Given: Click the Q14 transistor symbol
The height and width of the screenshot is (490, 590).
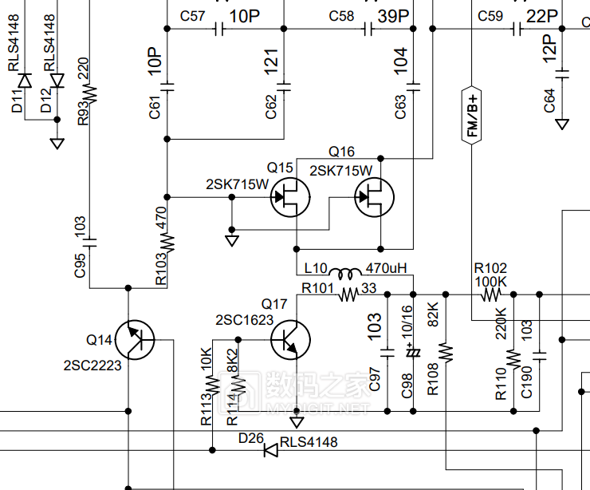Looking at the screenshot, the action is click(x=135, y=340).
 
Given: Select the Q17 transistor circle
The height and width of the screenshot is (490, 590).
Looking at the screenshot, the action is click(x=290, y=340).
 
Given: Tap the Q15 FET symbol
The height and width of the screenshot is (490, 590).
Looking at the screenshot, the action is click(x=290, y=197).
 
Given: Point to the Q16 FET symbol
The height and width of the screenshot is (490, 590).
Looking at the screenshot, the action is click(x=375, y=197).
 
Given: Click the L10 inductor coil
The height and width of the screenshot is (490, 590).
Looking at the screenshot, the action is click(x=345, y=274).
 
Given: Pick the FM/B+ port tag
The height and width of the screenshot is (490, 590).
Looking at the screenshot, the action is click(x=471, y=115).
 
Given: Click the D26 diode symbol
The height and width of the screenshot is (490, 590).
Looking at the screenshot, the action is click(x=271, y=450).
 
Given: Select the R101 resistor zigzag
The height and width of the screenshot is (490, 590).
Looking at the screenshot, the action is click(x=348, y=294).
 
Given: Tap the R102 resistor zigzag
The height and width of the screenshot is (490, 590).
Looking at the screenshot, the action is click(x=491, y=294).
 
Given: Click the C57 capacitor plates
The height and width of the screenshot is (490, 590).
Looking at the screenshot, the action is click(x=219, y=29).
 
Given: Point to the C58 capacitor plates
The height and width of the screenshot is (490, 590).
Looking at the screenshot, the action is click(x=368, y=29).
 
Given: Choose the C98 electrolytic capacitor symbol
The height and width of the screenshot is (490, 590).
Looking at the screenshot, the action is click(x=413, y=353).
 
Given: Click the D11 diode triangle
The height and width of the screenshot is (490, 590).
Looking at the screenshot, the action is click(x=25, y=81).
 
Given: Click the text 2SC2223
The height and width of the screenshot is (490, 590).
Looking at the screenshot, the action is click(x=92, y=366).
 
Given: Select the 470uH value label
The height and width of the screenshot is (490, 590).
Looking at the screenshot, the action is click(x=387, y=268).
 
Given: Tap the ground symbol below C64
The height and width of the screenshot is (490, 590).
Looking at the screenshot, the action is click(x=562, y=124).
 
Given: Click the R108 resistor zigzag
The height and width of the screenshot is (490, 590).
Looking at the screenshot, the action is click(x=446, y=353).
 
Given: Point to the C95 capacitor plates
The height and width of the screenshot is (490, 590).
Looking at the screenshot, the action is click(x=89, y=243).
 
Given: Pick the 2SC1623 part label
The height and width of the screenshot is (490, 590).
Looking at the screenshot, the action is click(x=244, y=320).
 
